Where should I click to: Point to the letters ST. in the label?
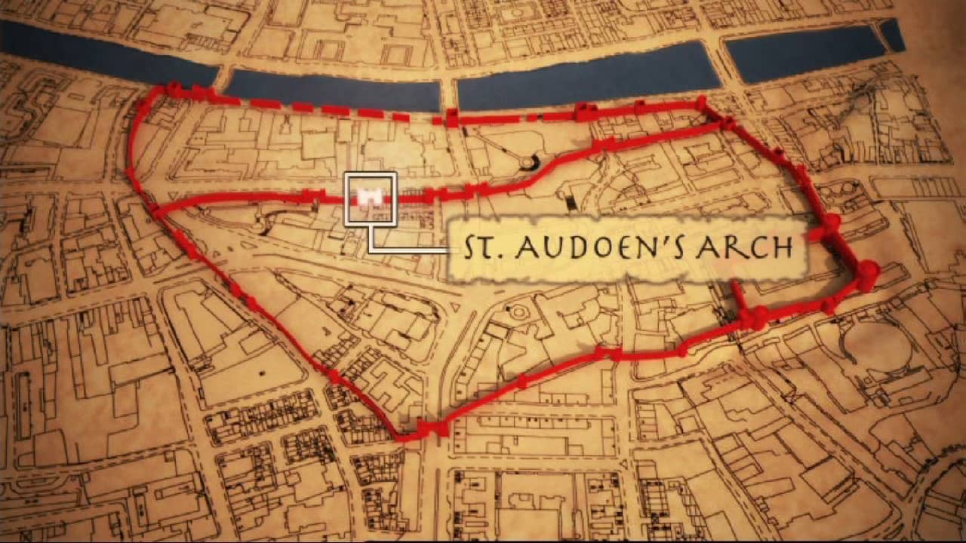click(480, 248)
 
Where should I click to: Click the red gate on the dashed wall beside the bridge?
click(451, 118)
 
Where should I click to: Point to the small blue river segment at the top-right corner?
click(891, 35)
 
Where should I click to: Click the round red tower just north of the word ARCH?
click(831, 222)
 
